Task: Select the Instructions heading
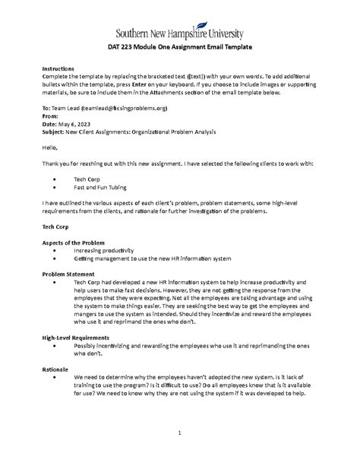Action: click(58, 68)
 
